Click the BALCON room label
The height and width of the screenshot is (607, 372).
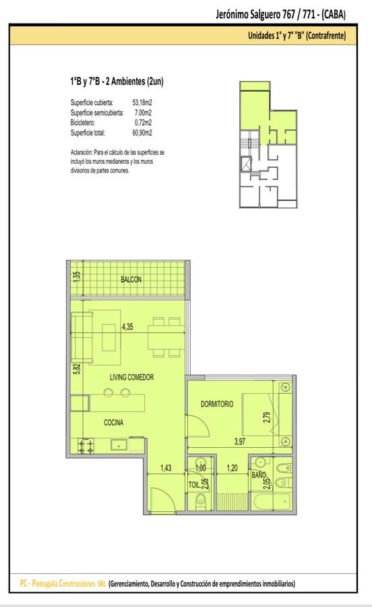(x=131, y=279)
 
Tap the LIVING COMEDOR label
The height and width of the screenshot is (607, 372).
(x=132, y=377)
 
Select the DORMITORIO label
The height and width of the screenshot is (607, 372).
(x=217, y=404)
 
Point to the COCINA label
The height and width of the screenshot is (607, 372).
(x=114, y=423)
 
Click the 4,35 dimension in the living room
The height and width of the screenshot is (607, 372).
(x=127, y=327)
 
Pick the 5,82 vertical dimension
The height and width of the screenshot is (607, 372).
(x=77, y=368)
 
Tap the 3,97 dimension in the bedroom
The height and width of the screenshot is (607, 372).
(x=240, y=441)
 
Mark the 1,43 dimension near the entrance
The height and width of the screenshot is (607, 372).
(x=166, y=468)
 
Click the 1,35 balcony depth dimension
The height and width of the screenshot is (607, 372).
(x=77, y=277)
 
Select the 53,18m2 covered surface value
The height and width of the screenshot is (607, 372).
(x=142, y=103)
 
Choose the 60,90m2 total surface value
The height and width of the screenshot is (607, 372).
(x=142, y=133)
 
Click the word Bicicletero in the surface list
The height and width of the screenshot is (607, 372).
(x=83, y=123)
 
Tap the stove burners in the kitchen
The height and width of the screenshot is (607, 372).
(x=86, y=446)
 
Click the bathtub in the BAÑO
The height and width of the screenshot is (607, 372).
(x=271, y=502)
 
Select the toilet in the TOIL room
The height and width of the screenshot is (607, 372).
(x=200, y=502)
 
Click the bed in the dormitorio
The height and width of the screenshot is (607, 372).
(x=257, y=414)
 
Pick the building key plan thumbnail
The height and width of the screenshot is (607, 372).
(x=268, y=144)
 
